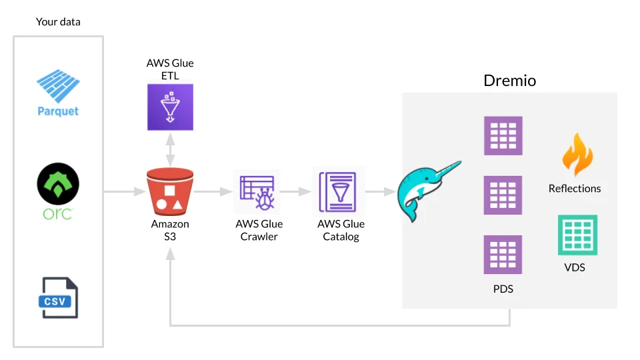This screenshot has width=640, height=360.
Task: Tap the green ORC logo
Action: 58,187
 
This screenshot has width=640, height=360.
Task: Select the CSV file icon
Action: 58,298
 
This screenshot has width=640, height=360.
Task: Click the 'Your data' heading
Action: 58,22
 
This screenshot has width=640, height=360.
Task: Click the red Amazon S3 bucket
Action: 170,192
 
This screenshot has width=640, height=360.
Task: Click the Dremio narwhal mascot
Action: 427,189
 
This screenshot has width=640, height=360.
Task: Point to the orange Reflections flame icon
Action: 577,155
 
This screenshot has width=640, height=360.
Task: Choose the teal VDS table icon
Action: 577,235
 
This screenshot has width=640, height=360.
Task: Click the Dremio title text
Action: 510,81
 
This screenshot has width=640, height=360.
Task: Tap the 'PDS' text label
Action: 503,289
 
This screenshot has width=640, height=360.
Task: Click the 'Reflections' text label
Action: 575,189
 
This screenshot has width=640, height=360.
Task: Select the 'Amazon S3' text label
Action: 170,230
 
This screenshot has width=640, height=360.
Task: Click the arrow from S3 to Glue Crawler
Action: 211,192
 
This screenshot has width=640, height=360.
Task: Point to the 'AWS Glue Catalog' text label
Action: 341,230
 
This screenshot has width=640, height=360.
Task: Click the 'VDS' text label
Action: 575,267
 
